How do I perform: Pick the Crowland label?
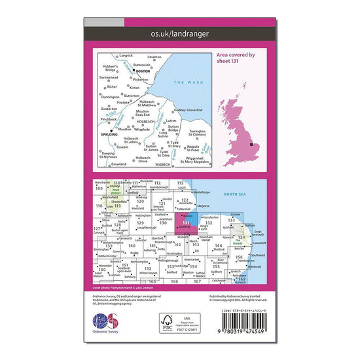click(117, 164)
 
